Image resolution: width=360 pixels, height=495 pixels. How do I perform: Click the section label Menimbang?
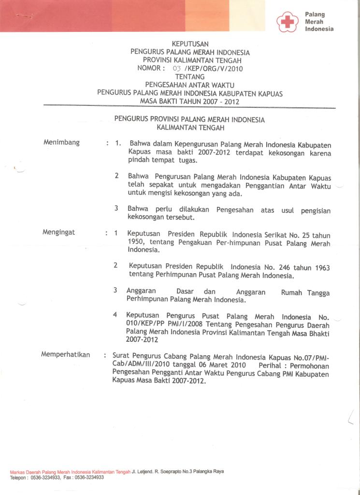(61, 143)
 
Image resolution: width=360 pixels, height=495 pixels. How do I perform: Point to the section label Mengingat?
(59, 233)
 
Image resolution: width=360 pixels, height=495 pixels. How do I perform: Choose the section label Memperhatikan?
(66, 354)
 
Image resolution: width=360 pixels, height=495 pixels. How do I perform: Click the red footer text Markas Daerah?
(26, 472)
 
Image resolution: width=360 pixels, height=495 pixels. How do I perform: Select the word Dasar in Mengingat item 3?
(186, 292)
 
